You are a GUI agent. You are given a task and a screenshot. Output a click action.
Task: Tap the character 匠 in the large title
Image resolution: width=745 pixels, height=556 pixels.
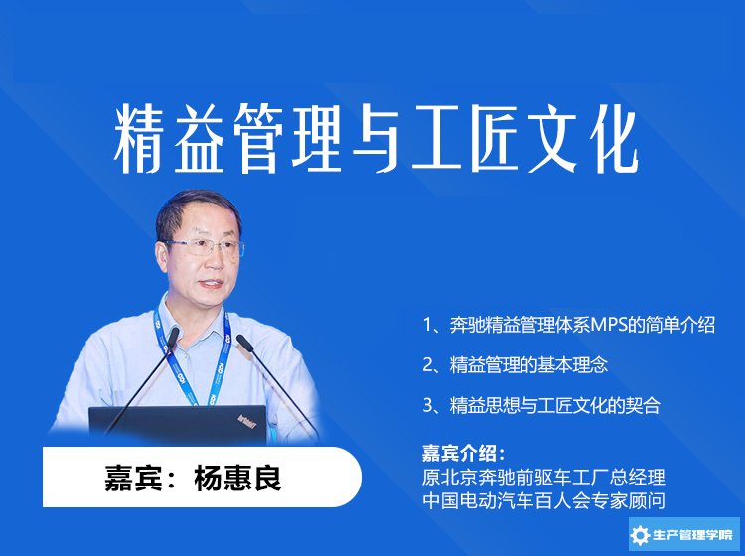(494, 139)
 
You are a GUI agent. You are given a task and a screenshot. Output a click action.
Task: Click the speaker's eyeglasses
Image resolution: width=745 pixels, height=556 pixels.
(205, 247)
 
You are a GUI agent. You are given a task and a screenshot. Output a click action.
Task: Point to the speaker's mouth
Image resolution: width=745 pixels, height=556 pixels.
(212, 284)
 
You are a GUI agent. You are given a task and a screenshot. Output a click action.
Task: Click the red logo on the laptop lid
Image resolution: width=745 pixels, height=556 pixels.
(247, 421)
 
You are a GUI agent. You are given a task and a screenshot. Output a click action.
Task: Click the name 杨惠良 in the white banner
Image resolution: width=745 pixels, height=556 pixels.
(237, 478)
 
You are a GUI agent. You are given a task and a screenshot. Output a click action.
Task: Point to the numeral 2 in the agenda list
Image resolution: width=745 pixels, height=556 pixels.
(427, 365)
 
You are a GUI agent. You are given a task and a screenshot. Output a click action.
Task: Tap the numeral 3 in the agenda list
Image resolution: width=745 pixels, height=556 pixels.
(427, 405)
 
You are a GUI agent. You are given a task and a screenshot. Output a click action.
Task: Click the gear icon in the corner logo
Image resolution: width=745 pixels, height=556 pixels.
(640, 535)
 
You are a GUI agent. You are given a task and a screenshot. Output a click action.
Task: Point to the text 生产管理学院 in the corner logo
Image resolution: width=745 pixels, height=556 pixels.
(692, 535)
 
